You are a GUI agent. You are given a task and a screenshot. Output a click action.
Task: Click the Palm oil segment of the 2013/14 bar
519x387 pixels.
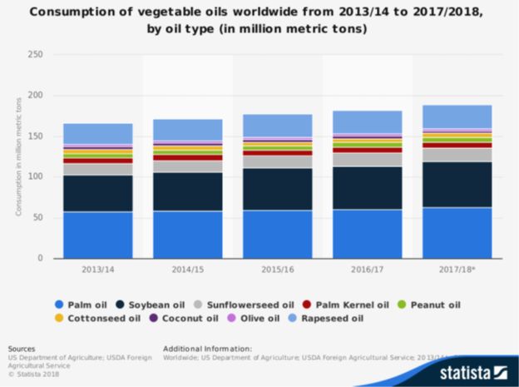coord(97,235)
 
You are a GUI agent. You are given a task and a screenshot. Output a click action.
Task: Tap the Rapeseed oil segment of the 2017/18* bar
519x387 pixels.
coord(457,117)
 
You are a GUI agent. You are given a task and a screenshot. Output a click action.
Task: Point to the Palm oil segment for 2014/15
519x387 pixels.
coord(187,235)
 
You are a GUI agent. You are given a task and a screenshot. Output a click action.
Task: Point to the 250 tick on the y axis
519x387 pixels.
coord(36,56)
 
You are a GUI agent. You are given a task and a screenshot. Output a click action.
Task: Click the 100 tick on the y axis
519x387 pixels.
coord(36,177)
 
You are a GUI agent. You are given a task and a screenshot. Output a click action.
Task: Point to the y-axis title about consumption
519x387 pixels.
coord(19,156)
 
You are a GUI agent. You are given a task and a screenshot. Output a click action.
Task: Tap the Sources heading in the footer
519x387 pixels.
coord(22,348)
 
